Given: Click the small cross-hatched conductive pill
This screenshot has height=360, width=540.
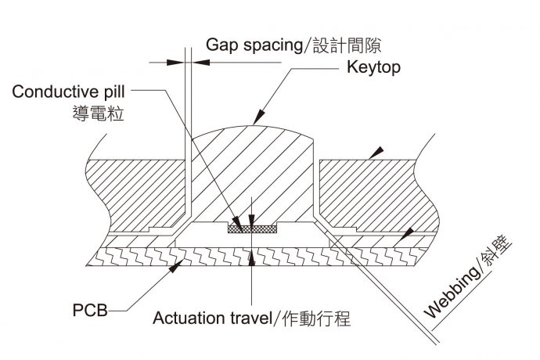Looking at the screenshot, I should [250, 228].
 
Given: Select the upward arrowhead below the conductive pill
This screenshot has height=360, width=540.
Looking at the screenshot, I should [250, 260].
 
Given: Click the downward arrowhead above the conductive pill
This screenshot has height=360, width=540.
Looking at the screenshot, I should [250, 218].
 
